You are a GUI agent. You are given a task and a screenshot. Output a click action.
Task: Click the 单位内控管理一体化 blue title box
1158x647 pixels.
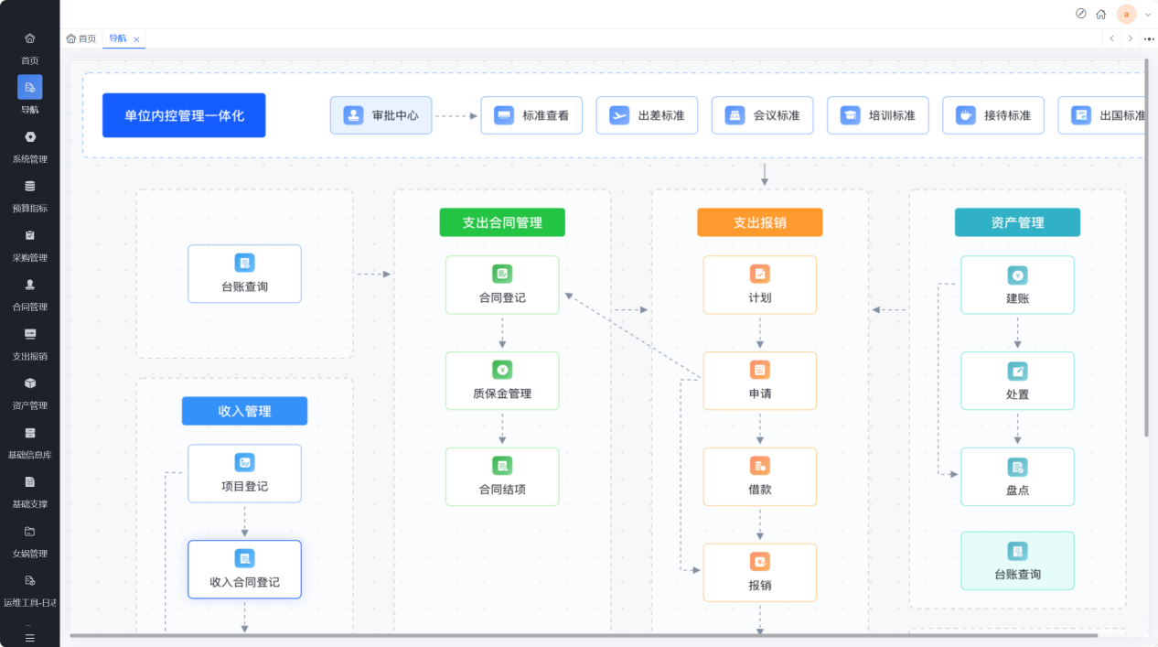(x=184, y=115)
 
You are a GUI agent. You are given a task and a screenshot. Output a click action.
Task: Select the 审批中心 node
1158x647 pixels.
(x=381, y=115)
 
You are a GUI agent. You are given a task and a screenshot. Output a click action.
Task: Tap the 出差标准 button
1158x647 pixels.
(x=647, y=115)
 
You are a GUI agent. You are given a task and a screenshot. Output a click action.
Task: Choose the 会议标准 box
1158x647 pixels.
(x=762, y=115)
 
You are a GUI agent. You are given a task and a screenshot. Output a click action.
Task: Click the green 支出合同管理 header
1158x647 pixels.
(x=502, y=222)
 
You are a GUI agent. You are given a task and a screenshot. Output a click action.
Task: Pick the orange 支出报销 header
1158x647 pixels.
(x=759, y=222)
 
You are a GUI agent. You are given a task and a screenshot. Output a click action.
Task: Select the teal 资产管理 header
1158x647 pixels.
(x=1017, y=222)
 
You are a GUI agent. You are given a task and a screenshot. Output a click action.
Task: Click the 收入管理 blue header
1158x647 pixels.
(x=244, y=411)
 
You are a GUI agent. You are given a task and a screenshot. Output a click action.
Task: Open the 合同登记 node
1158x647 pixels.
(x=502, y=285)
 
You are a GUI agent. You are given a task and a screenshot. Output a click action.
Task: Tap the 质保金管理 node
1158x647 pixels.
(x=502, y=381)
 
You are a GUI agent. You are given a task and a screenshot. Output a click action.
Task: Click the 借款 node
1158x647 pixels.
(x=759, y=477)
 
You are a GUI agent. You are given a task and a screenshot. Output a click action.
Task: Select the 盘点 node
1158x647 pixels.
(x=1017, y=477)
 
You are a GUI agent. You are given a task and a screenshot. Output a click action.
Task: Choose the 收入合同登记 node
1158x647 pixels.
(x=244, y=569)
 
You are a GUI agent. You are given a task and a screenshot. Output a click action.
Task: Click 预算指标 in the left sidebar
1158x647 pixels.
(x=30, y=197)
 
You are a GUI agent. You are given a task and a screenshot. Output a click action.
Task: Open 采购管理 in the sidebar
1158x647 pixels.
(x=30, y=246)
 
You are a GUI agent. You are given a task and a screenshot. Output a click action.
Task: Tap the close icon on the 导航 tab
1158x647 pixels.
(x=136, y=39)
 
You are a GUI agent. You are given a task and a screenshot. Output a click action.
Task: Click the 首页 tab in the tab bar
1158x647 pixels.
(x=81, y=38)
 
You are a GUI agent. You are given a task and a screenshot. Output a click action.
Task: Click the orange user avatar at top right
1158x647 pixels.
(x=1126, y=14)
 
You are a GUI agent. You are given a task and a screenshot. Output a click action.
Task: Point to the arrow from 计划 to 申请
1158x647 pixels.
(x=759, y=331)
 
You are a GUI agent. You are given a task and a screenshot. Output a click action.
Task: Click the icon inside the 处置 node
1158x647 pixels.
(x=1017, y=372)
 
